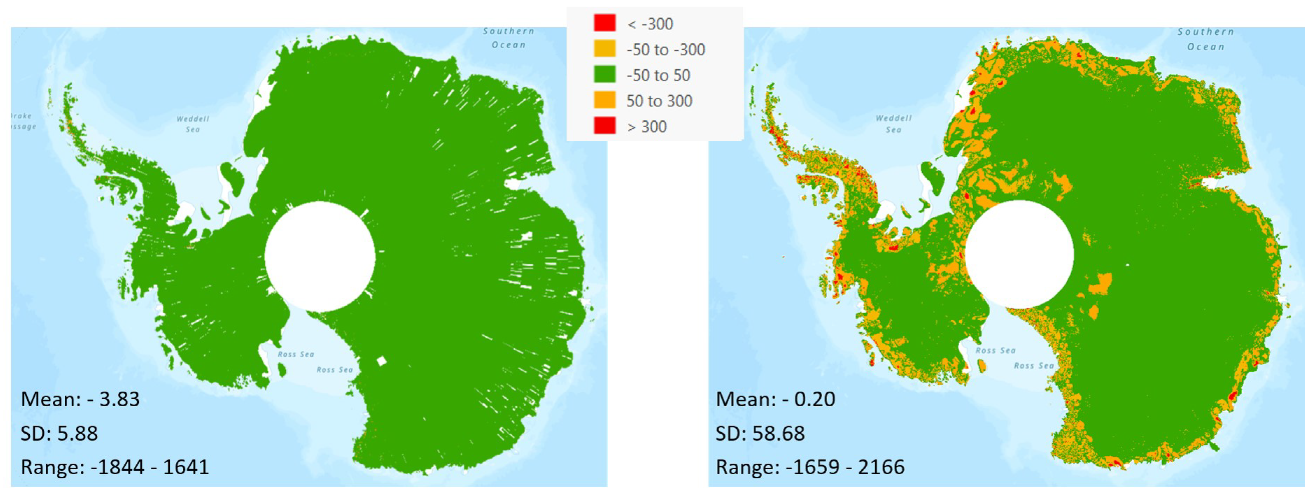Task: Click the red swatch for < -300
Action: coord(605,23)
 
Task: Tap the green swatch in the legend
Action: coord(605,74)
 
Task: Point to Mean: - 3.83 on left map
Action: coord(80,399)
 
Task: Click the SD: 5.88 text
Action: coord(59,433)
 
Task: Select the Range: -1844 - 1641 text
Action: coord(115,467)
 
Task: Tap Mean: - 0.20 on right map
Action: coord(775,399)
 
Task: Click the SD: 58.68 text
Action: coord(760,433)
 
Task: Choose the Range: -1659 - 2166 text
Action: coord(810,467)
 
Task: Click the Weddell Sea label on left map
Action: coord(193,124)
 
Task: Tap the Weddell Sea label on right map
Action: coord(893,124)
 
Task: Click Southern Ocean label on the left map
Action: coord(509,38)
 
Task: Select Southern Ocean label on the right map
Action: coord(1206,39)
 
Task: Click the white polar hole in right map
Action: coord(1019,254)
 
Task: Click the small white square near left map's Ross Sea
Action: coord(381,361)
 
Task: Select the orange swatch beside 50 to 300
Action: coord(605,100)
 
